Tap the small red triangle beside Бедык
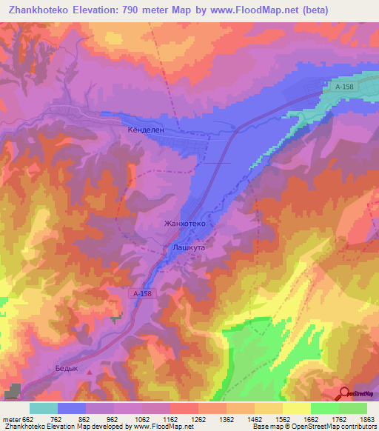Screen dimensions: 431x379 tap(90, 372)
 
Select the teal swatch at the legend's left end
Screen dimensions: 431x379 tap(43, 408)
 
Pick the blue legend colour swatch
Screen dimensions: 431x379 tap(72, 408)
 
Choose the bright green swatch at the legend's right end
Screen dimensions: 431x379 tap(353, 408)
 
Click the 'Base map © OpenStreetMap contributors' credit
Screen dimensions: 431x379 tap(313, 427)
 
